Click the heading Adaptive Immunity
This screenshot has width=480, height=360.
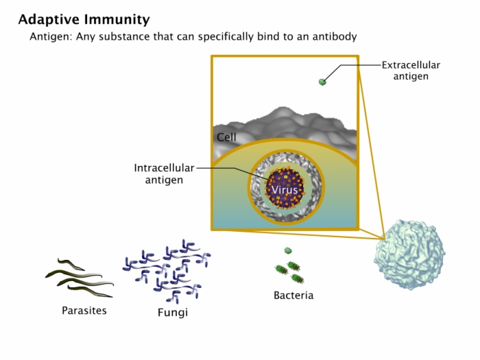84,20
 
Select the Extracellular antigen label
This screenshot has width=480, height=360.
411,71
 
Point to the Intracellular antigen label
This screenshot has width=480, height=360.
164,174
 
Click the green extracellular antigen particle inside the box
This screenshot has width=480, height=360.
322,82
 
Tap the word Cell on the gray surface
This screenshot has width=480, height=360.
226,137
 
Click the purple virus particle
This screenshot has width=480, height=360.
285,188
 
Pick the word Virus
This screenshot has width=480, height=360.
285,190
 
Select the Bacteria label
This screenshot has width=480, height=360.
293,296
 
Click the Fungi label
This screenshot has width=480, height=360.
173,313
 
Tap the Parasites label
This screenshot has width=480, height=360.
84,311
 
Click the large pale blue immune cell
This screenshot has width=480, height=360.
409,254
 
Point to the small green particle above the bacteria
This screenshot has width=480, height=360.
288,251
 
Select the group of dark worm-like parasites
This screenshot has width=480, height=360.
80,278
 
